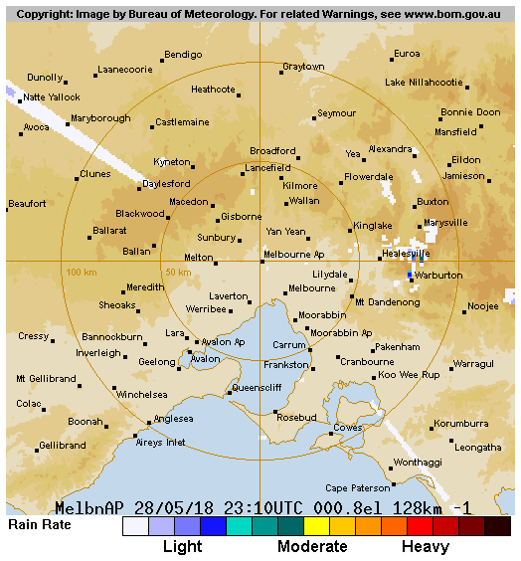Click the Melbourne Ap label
pyautogui.click(x=293, y=255)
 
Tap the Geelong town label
pyautogui.click(x=156, y=362)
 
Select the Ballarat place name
pyautogui.click(x=109, y=230)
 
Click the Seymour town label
pyautogui.click(x=336, y=113)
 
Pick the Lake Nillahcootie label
pyautogui.click(x=424, y=82)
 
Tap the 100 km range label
pyautogui.click(x=82, y=272)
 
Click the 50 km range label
pyautogui.click(x=178, y=272)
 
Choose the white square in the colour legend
pyautogui.click(x=135, y=526)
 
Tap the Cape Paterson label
pyautogui.click(x=358, y=488)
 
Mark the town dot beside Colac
pyautogui.click(x=46, y=408)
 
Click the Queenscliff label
pyautogui.click(x=257, y=387)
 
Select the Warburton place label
pyautogui.click(x=438, y=275)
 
